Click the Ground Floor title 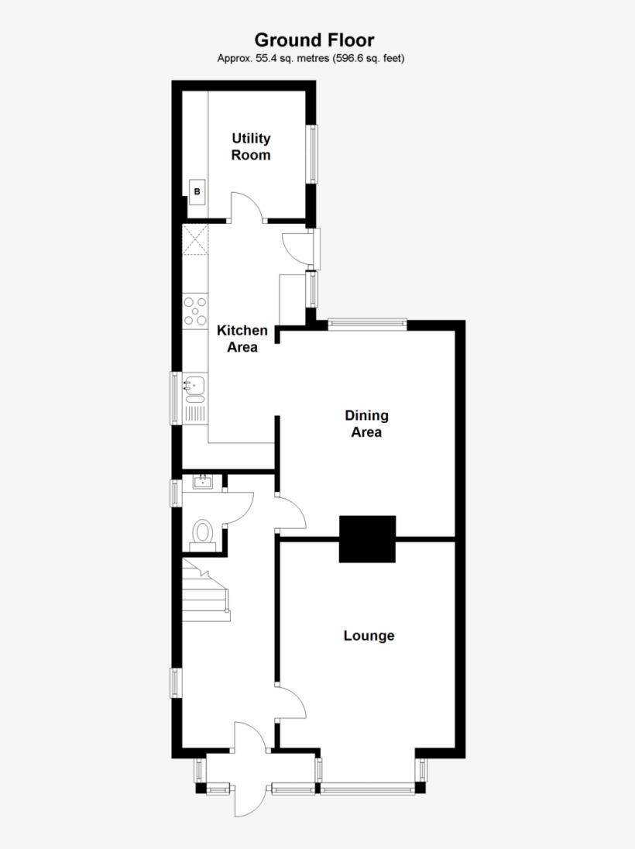click(314, 40)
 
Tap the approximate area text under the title click(311, 58)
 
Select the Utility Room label click(252, 146)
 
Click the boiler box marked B click(197, 191)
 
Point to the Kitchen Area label click(242, 339)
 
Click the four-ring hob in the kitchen click(195, 311)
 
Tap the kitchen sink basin click(195, 383)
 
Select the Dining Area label click(366, 424)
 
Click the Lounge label click(369, 636)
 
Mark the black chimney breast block click(367, 538)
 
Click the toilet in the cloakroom click(203, 533)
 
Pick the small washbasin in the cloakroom click(203, 483)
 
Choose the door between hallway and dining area click(292, 511)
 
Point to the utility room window click(314, 154)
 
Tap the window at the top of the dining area click(367, 325)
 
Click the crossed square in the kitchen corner click(195, 239)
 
